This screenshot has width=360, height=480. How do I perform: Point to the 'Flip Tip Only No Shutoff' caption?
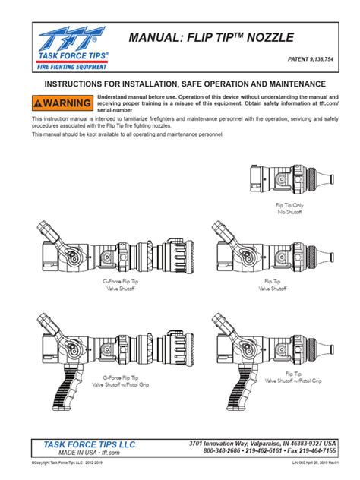pyautogui.click(x=289, y=209)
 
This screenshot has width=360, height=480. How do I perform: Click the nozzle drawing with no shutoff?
pyautogui.click(x=290, y=180)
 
